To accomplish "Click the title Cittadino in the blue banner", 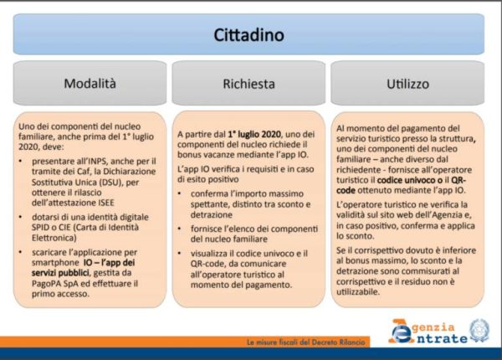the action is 248,35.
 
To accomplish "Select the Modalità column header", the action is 90,84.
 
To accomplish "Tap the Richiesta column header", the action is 248,84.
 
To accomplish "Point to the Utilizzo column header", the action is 407,84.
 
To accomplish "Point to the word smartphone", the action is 55,263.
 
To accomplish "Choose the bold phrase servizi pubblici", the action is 60,273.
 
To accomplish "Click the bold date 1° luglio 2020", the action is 254,134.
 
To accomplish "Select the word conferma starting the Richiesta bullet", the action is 210,193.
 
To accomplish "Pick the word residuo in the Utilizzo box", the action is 426,282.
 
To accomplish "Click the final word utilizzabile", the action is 358,292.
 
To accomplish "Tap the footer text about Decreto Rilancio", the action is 305,342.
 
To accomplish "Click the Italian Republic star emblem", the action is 479,332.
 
